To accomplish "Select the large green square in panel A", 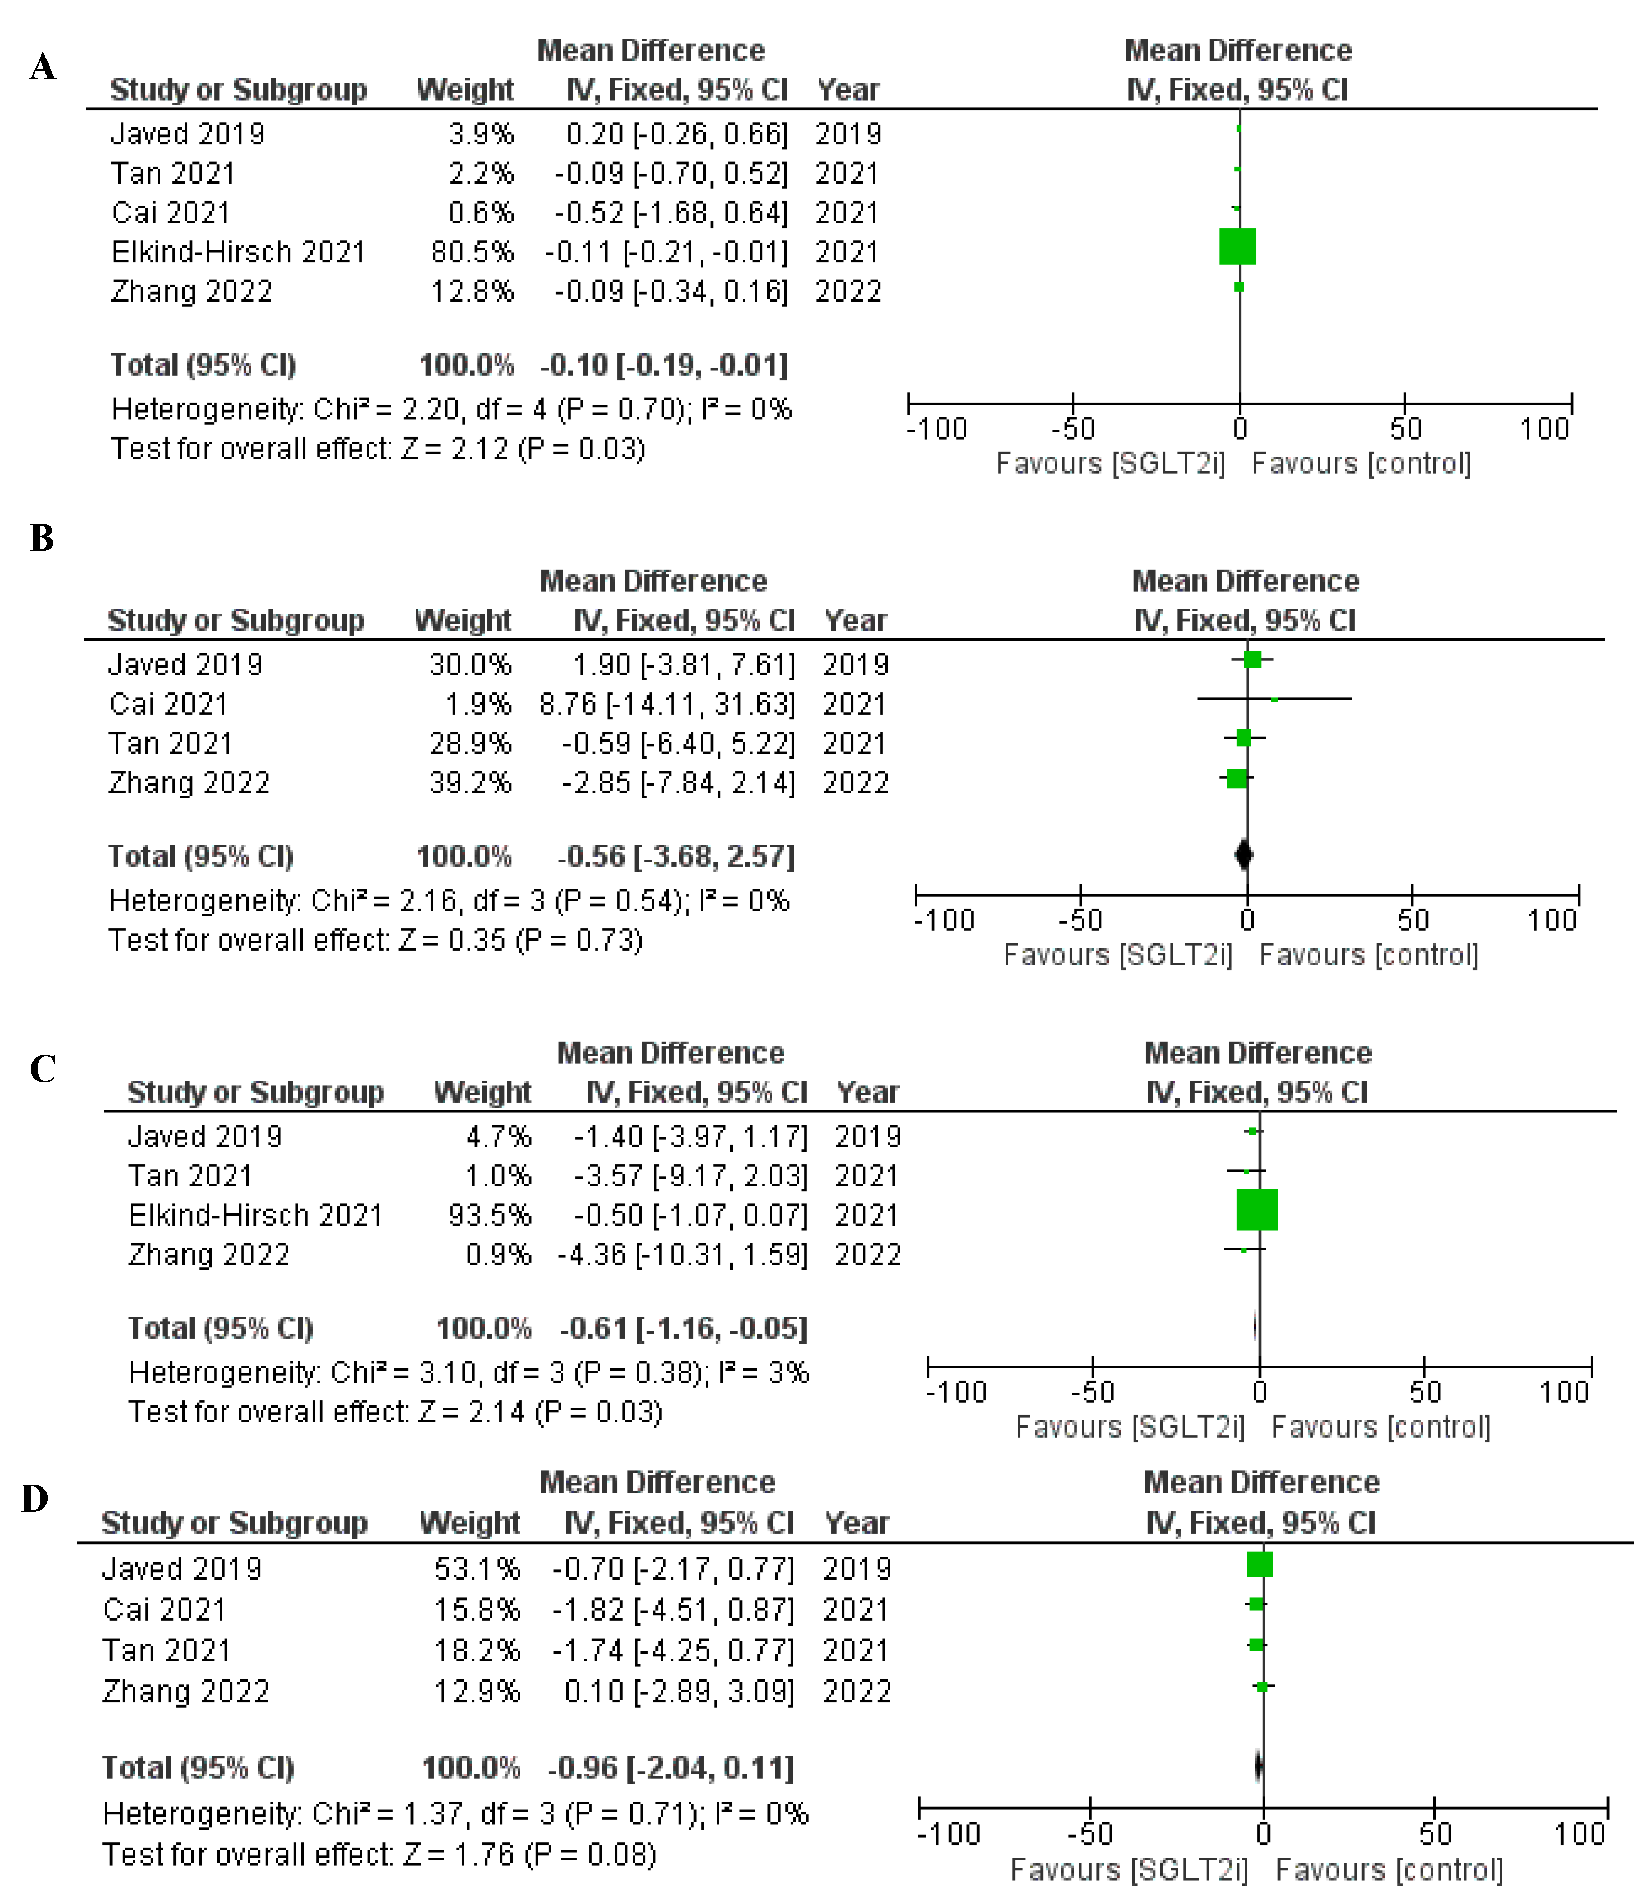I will click(1237, 247).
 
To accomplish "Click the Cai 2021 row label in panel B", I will click(168, 704).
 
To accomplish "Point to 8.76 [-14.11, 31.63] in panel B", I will click(668, 704).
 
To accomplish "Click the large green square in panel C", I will click(1257, 1210).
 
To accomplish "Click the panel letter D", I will click(35, 1499).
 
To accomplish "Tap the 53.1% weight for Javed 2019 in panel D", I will click(477, 1568).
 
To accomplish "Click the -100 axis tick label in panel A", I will click(936, 428).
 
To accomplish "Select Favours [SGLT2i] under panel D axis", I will click(1129, 1869).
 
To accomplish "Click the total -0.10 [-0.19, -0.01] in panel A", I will click(664, 366).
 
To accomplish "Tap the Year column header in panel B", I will click(855, 620).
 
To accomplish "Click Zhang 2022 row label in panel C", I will click(208, 1255).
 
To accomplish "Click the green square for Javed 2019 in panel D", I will click(1259, 1564).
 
